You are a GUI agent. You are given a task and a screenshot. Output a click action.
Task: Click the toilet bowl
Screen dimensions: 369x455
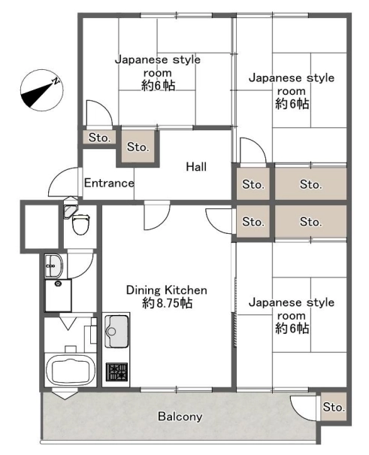click(81, 224)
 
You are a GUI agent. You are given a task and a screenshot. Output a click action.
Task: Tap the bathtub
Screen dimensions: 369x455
click(71, 371)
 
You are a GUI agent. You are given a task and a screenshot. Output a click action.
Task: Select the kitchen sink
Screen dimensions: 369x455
click(116, 331)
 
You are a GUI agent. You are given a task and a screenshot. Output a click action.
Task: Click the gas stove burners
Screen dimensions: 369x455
click(116, 372)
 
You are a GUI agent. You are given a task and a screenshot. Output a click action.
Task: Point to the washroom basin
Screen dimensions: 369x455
click(53, 265)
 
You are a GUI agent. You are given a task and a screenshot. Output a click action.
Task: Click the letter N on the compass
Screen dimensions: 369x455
click(56, 81)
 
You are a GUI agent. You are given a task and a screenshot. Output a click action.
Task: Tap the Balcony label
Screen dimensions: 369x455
click(180, 417)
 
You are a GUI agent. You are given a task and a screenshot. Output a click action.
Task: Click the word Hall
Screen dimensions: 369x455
click(196, 167)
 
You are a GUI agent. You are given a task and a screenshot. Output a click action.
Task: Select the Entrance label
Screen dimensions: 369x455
click(109, 183)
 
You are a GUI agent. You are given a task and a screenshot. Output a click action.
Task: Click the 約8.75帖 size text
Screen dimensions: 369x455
click(168, 303)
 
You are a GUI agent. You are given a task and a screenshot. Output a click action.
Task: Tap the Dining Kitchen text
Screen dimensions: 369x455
click(167, 290)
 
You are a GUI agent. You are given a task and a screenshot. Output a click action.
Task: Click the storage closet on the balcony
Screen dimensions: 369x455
click(334, 407)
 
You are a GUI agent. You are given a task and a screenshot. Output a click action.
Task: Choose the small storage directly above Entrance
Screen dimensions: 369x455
click(99, 138)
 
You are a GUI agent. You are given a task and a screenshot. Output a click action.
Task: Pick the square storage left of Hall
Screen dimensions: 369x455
click(138, 147)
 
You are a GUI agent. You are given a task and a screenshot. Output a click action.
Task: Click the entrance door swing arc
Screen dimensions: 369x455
click(59, 178)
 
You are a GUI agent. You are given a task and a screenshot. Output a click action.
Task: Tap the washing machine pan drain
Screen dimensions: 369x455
click(59, 284)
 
